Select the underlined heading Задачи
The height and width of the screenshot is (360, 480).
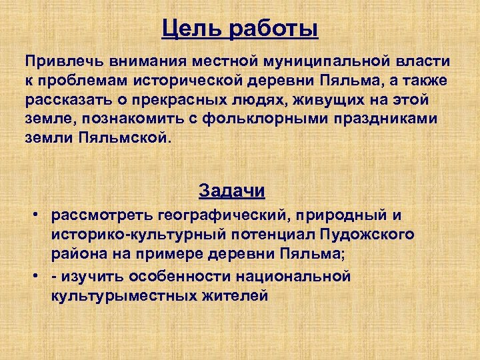click(231, 191)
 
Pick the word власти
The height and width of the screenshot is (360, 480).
click(425, 61)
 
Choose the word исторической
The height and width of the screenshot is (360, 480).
click(188, 81)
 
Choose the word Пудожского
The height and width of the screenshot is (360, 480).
click(365, 235)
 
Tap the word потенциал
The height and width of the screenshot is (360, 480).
click(267, 235)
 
